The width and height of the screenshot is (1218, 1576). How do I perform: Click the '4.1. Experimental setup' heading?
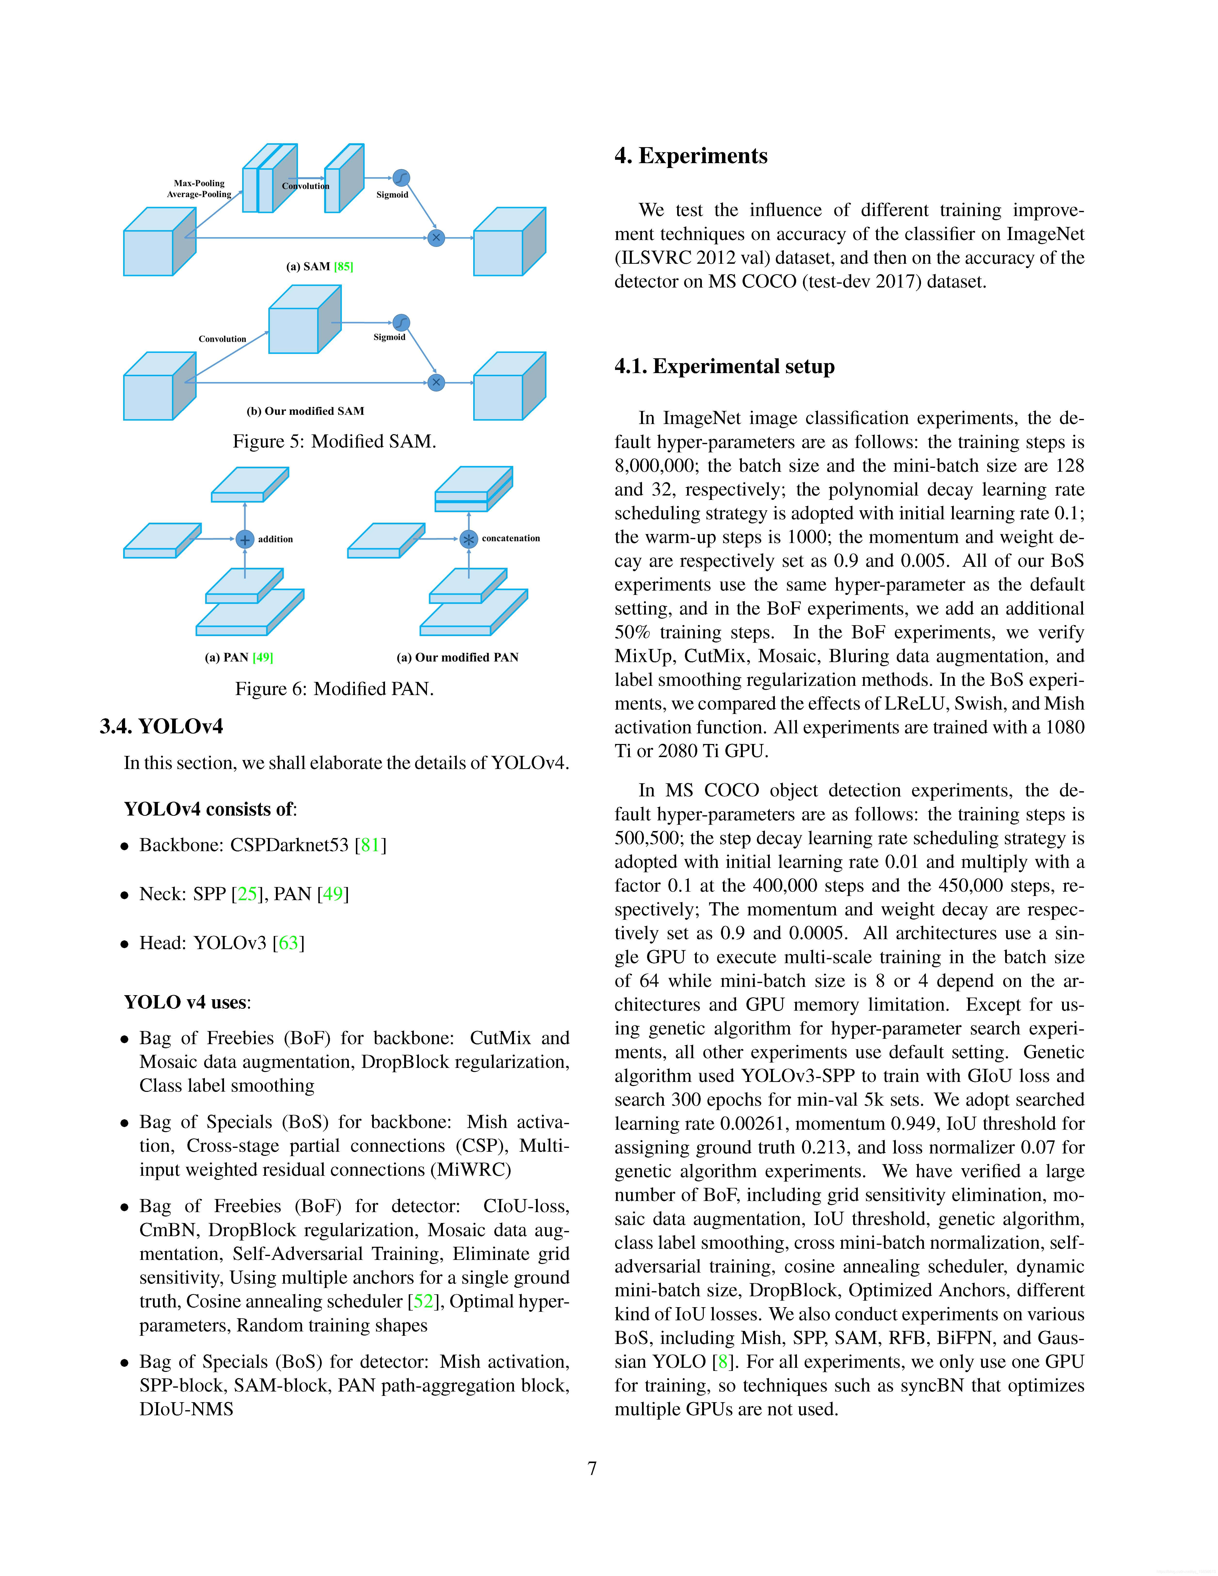(724, 367)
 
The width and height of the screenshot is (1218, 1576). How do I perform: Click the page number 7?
(593, 1468)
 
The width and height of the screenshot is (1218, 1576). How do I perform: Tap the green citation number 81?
(370, 845)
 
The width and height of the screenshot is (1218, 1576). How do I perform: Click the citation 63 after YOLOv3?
(289, 943)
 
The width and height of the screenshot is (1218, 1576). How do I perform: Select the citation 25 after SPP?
(248, 894)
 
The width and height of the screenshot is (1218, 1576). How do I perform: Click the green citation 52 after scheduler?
(424, 1301)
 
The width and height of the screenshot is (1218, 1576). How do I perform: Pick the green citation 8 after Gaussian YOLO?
(722, 1362)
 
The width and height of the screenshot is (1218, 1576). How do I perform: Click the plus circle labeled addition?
(245, 539)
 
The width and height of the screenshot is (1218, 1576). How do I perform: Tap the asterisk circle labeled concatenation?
(469, 539)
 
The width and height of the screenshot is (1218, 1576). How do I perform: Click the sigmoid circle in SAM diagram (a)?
(401, 177)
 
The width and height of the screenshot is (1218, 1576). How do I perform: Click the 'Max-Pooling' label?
(199, 183)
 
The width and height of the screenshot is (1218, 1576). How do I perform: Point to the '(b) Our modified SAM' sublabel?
(305, 411)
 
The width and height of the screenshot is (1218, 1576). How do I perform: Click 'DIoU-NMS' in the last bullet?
(186, 1409)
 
